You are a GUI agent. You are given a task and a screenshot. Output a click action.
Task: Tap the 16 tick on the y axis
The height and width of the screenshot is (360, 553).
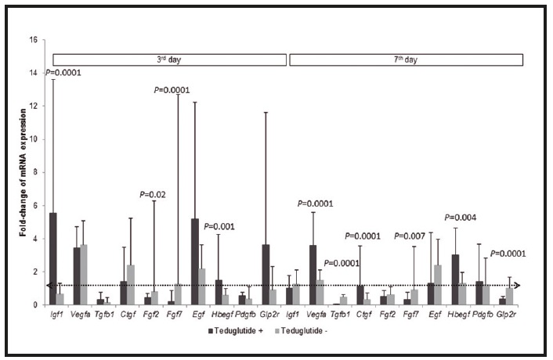(x=34, y=40)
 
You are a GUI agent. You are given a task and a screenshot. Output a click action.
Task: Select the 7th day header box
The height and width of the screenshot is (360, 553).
(x=409, y=59)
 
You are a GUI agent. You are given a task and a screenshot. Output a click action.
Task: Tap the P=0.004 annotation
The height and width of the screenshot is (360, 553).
(x=461, y=218)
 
